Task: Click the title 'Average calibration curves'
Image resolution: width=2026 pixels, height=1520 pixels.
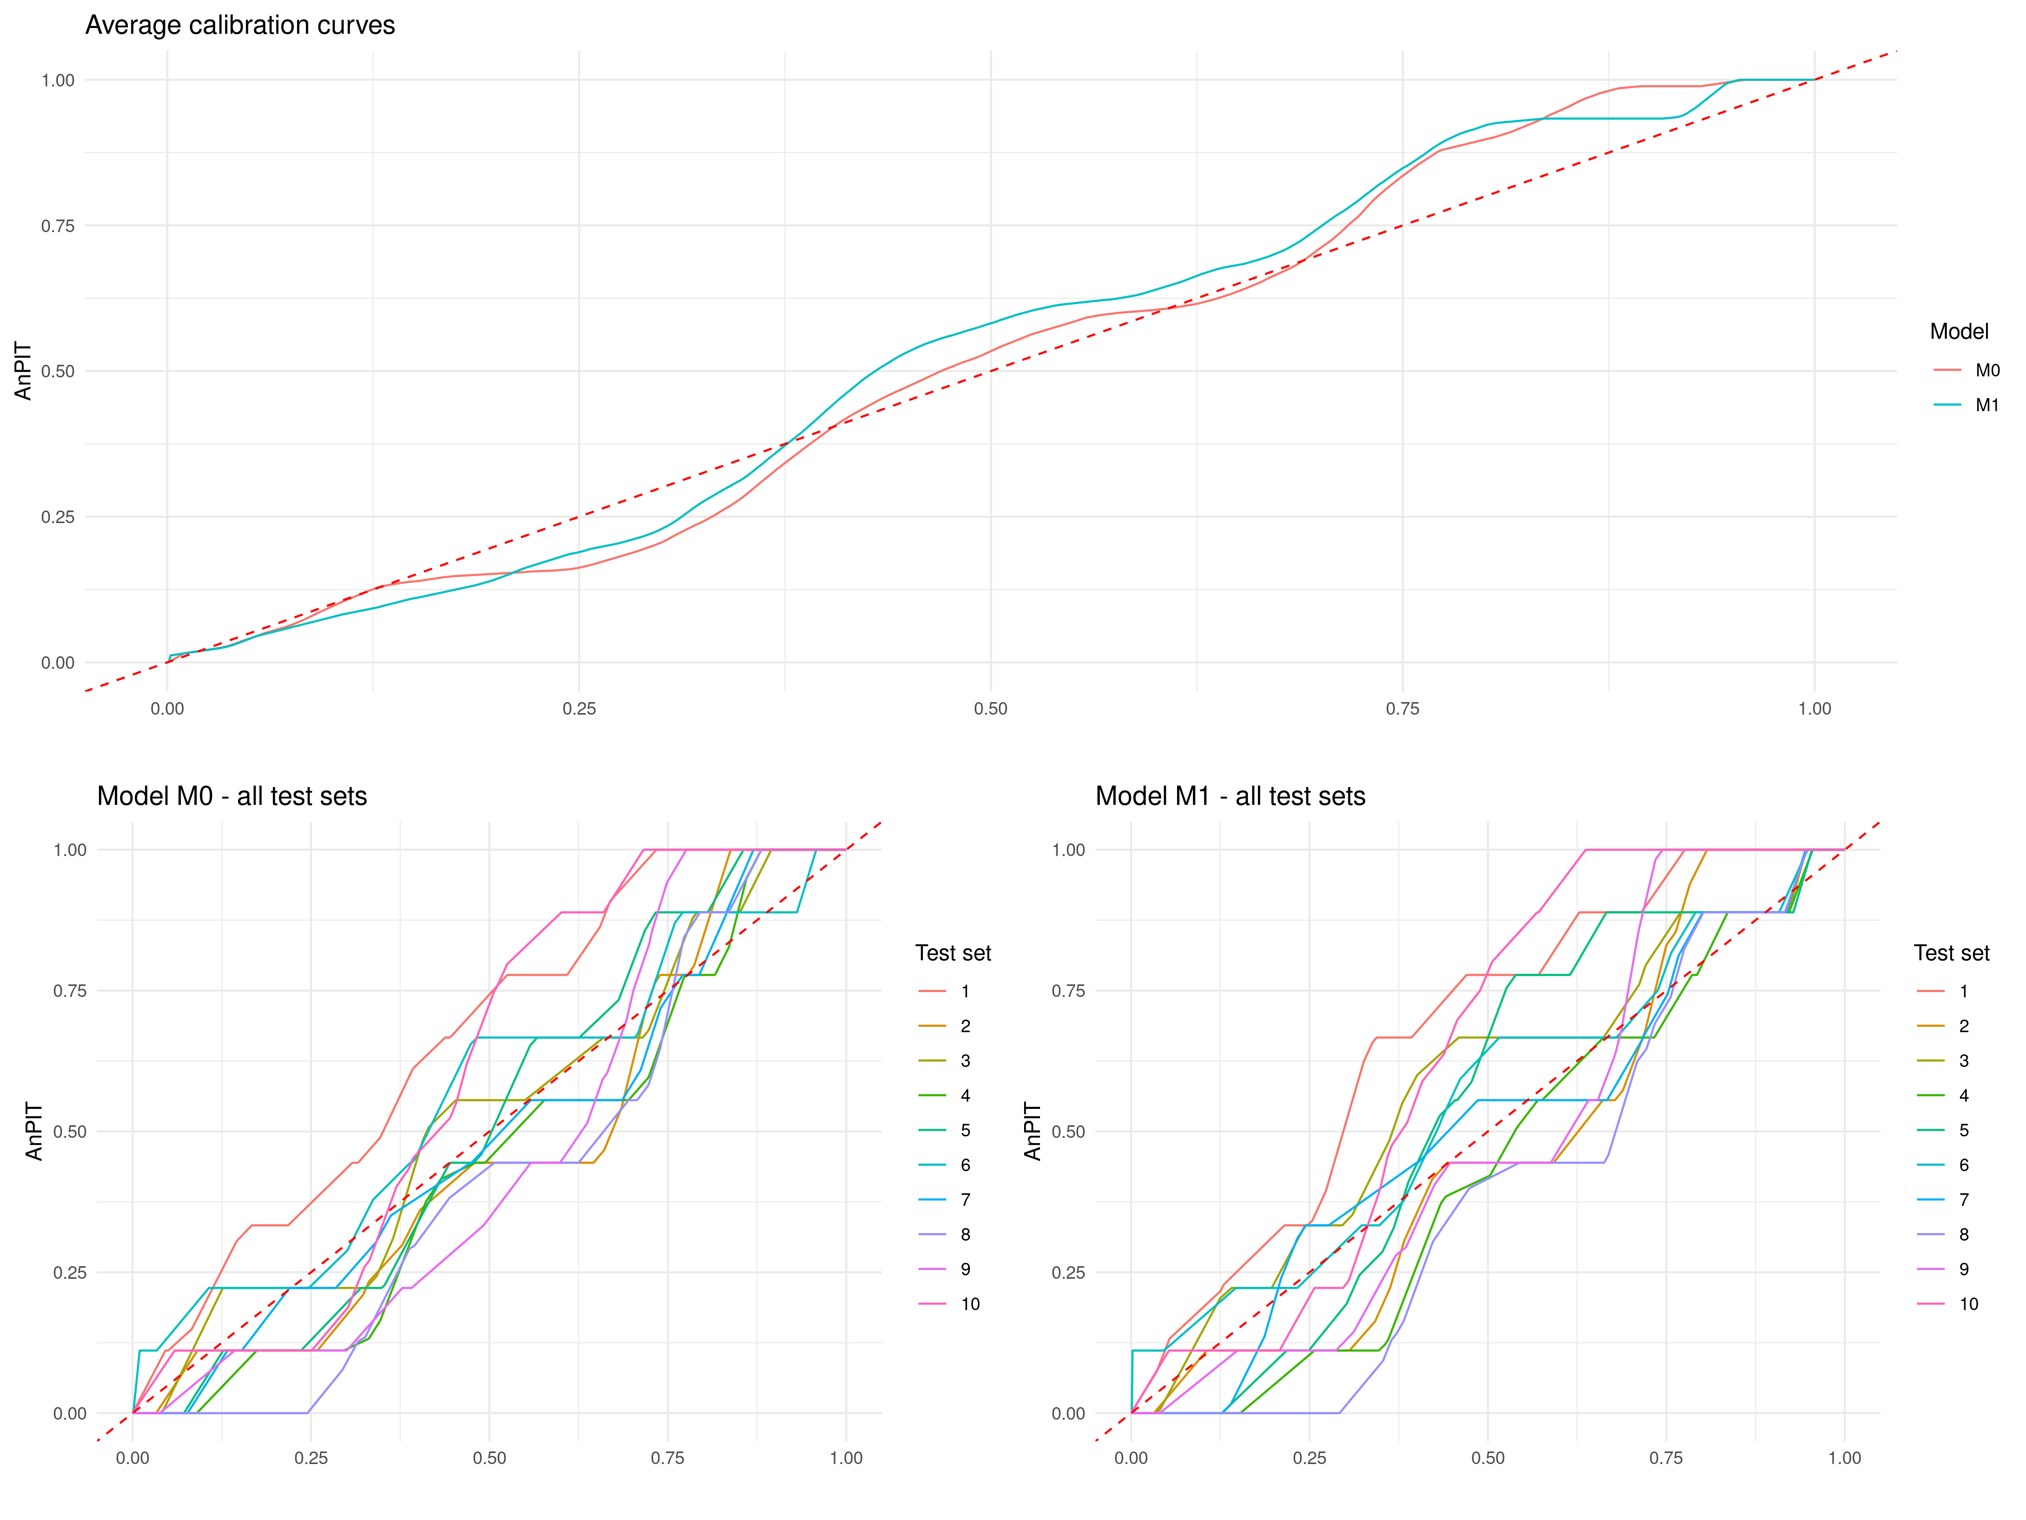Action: [x=240, y=26]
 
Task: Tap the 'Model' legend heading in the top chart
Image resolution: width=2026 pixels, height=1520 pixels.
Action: [x=1959, y=332]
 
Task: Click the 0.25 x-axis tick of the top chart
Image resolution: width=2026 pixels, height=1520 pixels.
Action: [x=579, y=708]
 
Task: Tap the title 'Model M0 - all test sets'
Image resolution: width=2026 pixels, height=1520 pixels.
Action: [x=232, y=796]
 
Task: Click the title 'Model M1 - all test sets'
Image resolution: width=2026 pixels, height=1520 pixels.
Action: [x=1230, y=796]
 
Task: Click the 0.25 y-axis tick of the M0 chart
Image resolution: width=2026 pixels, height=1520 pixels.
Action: [x=69, y=1272]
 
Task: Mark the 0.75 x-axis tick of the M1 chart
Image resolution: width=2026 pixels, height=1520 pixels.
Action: [x=1666, y=1458]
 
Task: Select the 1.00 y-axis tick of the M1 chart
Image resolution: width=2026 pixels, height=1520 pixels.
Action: [x=1068, y=850]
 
